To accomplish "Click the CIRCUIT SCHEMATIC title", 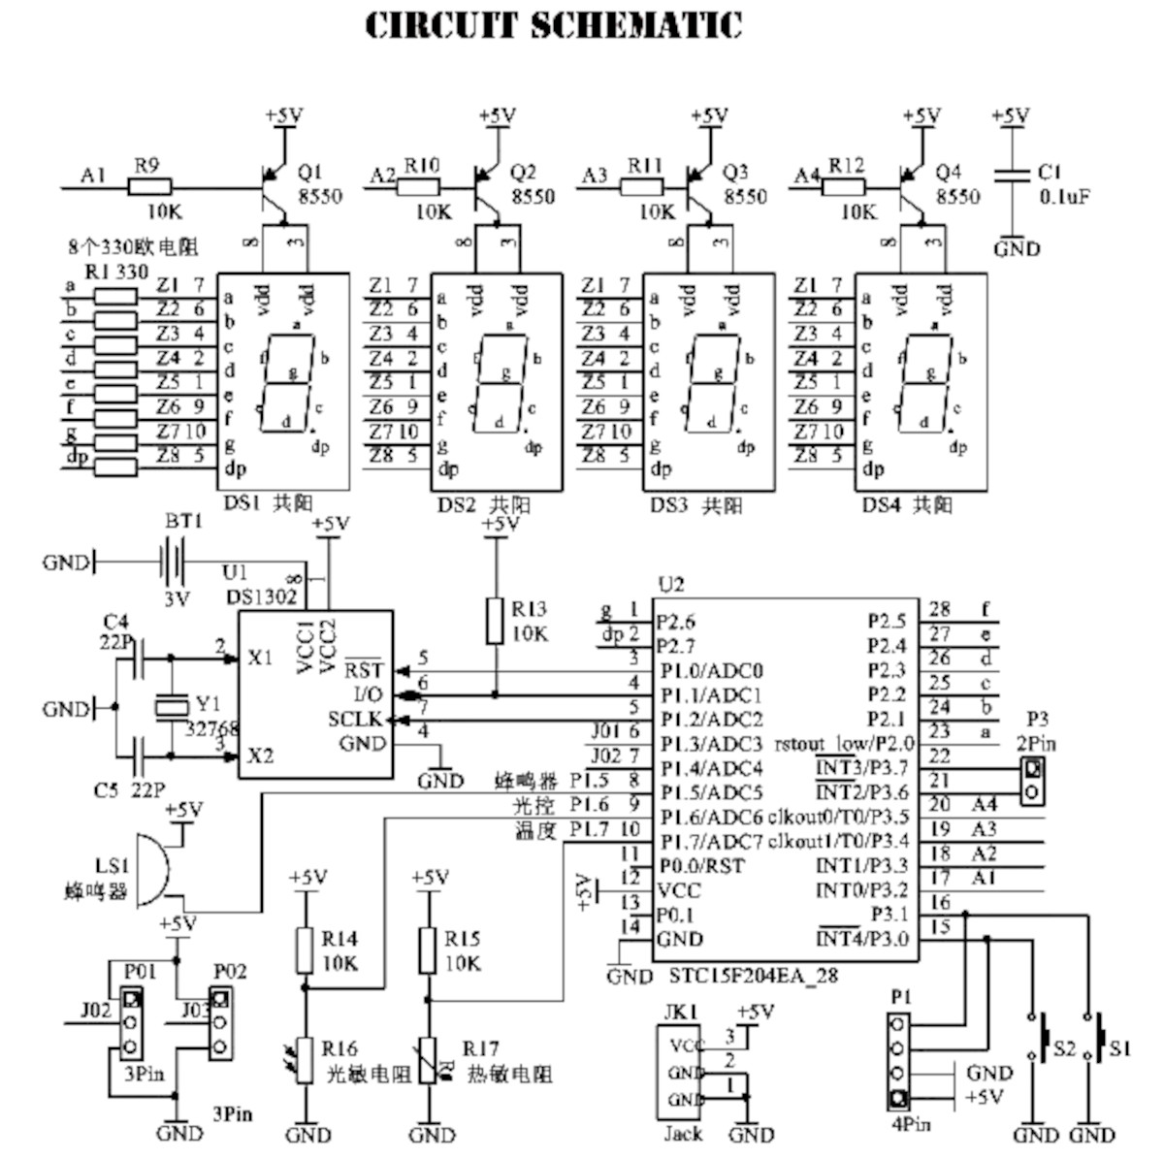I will point(554,26).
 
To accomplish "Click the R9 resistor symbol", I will point(146,186).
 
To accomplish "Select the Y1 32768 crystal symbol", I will point(172,707).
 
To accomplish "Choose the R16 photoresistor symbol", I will point(306,1061).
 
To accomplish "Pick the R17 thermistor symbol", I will point(428,1061).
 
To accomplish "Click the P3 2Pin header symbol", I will point(1035,781).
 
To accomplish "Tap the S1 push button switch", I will point(1102,1037).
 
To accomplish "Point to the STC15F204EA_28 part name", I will point(753,976).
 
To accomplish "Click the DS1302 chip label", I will point(262,596).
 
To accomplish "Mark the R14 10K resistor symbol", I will point(306,951).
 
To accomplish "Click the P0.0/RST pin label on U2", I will point(700,866).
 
